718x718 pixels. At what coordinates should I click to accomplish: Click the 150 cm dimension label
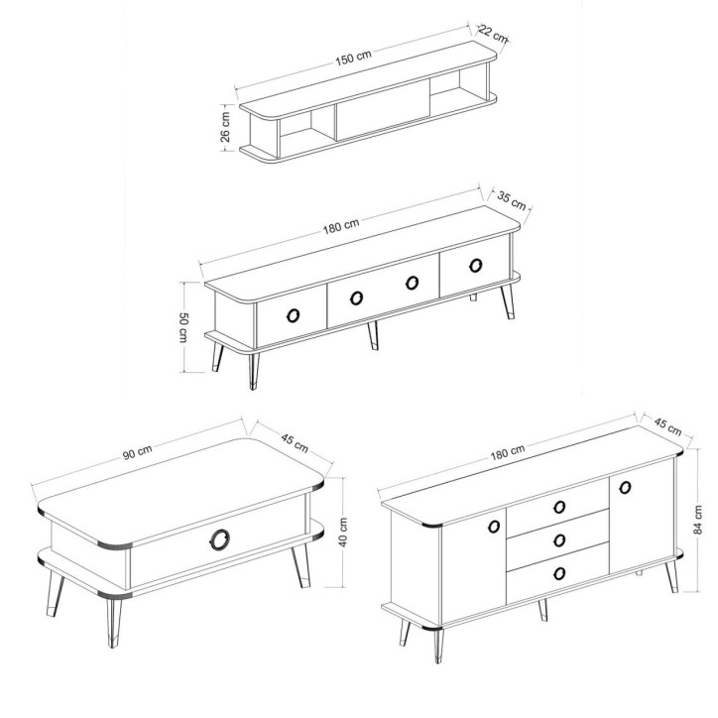pyautogui.click(x=353, y=58)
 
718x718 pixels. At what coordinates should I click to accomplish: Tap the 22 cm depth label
pyautogui.click(x=493, y=34)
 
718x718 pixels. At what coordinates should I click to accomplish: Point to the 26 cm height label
pyautogui.click(x=225, y=126)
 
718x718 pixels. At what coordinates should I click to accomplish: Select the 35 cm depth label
pyautogui.click(x=512, y=199)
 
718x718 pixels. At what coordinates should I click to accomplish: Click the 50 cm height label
pyautogui.click(x=182, y=327)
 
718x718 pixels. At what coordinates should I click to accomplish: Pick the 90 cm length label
pyautogui.click(x=137, y=452)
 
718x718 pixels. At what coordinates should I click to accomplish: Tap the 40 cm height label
pyautogui.click(x=343, y=533)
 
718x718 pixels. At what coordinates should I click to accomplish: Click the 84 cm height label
pyautogui.click(x=697, y=520)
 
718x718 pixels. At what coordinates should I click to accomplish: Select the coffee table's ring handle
pyautogui.click(x=221, y=538)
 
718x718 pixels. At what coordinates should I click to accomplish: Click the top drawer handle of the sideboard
pyautogui.click(x=559, y=507)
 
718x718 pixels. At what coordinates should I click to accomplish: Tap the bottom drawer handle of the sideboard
pyautogui.click(x=559, y=573)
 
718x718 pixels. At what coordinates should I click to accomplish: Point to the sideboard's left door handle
pyautogui.click(x=494, y=527)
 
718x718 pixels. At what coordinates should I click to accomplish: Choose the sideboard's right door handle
pyautogui.click(x=625, y=487)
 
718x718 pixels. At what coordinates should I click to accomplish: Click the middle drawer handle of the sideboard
pyautogui.click(x=559, y=540)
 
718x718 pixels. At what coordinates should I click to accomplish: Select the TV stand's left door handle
pyautogui.click(x=294, y=315)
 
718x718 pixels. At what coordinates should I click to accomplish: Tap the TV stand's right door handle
pyautogui.click(x=476, y=265)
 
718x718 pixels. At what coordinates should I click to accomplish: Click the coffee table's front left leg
pyautogui.click(x=114, y=622)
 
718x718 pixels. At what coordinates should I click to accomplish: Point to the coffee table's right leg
pyautogui.click(x=300, y=566)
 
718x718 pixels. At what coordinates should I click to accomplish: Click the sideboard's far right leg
pyautogui.click(x=671, y=576)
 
